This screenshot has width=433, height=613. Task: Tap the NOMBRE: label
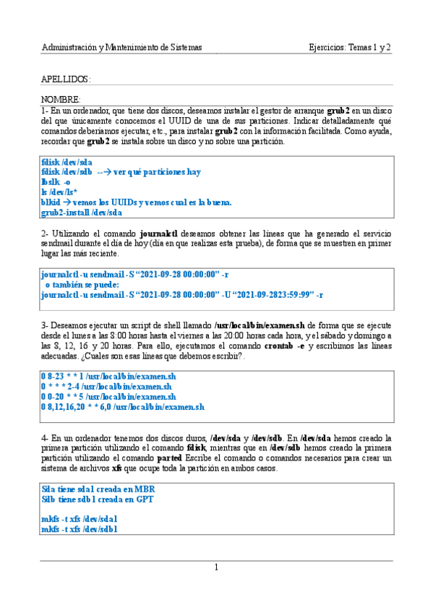[x=61, y=99]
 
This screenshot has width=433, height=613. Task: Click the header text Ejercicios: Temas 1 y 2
[x=349, y=48]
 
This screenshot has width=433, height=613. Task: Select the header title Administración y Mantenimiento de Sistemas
[x=121, y=48]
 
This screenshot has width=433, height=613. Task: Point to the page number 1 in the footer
[x=216, y=567]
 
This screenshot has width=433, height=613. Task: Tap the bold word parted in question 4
[x=169, y=458]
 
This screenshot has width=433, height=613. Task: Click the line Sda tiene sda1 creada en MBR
[x=98, y=489]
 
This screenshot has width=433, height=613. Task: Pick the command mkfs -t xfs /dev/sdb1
[x=80, y=529]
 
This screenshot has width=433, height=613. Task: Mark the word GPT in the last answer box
[x=145, y=499]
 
